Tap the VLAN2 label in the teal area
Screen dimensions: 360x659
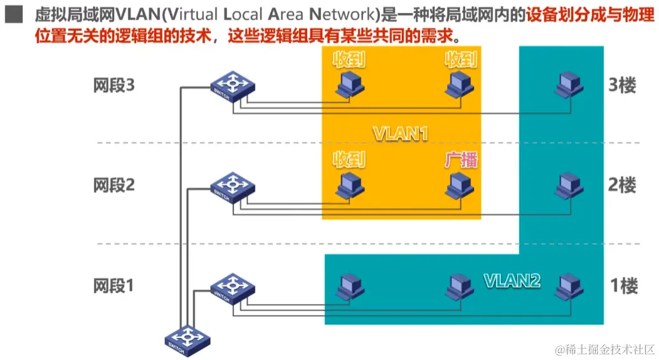coord(512,280)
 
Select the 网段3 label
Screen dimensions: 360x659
coord(113,85)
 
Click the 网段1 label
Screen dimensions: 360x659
coord(113,286)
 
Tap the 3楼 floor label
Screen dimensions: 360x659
coord(622,85)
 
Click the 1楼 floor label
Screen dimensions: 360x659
coord(623,286)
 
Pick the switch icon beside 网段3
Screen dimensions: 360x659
coord(233,87)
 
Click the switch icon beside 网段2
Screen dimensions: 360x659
coord(233,186)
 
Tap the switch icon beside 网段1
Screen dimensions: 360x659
coord(233,287)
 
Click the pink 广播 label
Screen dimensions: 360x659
coord(461,160)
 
